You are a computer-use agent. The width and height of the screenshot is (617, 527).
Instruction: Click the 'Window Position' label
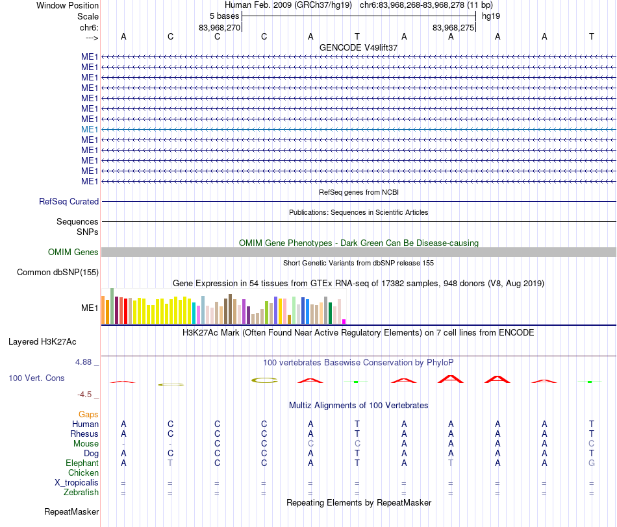(x=68, y=5)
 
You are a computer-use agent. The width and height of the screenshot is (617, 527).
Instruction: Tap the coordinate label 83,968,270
(x=219, y=27)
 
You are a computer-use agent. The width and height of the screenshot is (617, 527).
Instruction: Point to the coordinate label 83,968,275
(x=453, y=27)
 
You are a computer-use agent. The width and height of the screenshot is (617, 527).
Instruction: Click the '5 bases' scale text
(x=224, y=16)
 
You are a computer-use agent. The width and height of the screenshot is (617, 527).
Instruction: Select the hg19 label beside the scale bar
(x=491, y=16)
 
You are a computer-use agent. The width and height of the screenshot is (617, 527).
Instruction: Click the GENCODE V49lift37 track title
(x=359, y=47)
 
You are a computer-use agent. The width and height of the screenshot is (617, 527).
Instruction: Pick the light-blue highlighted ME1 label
(x=90, y=129)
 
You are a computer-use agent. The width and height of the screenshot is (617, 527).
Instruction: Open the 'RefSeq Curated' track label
(x=69, y=201)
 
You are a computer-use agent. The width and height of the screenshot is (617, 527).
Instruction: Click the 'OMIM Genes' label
(x=73, y=252)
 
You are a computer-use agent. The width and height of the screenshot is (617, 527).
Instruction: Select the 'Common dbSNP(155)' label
(x=58, y=272)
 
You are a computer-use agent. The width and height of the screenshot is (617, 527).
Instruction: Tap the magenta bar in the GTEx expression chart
(x=344, y=322)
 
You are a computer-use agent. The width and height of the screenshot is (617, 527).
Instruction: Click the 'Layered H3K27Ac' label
(x=42, y=342)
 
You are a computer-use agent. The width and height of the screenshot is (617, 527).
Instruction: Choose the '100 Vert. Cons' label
(x=36, y=378)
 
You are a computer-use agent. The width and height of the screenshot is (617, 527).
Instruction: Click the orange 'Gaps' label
(x=88, y=414)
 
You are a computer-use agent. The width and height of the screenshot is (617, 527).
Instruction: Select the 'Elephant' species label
(x=82, y=463)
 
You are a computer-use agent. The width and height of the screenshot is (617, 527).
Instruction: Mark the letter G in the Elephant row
(x=592, y=463)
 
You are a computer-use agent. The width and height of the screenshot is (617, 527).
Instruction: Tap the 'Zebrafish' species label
(x=81, y=492)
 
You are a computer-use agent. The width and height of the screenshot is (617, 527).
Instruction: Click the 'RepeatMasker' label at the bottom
(x=71, y=511)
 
